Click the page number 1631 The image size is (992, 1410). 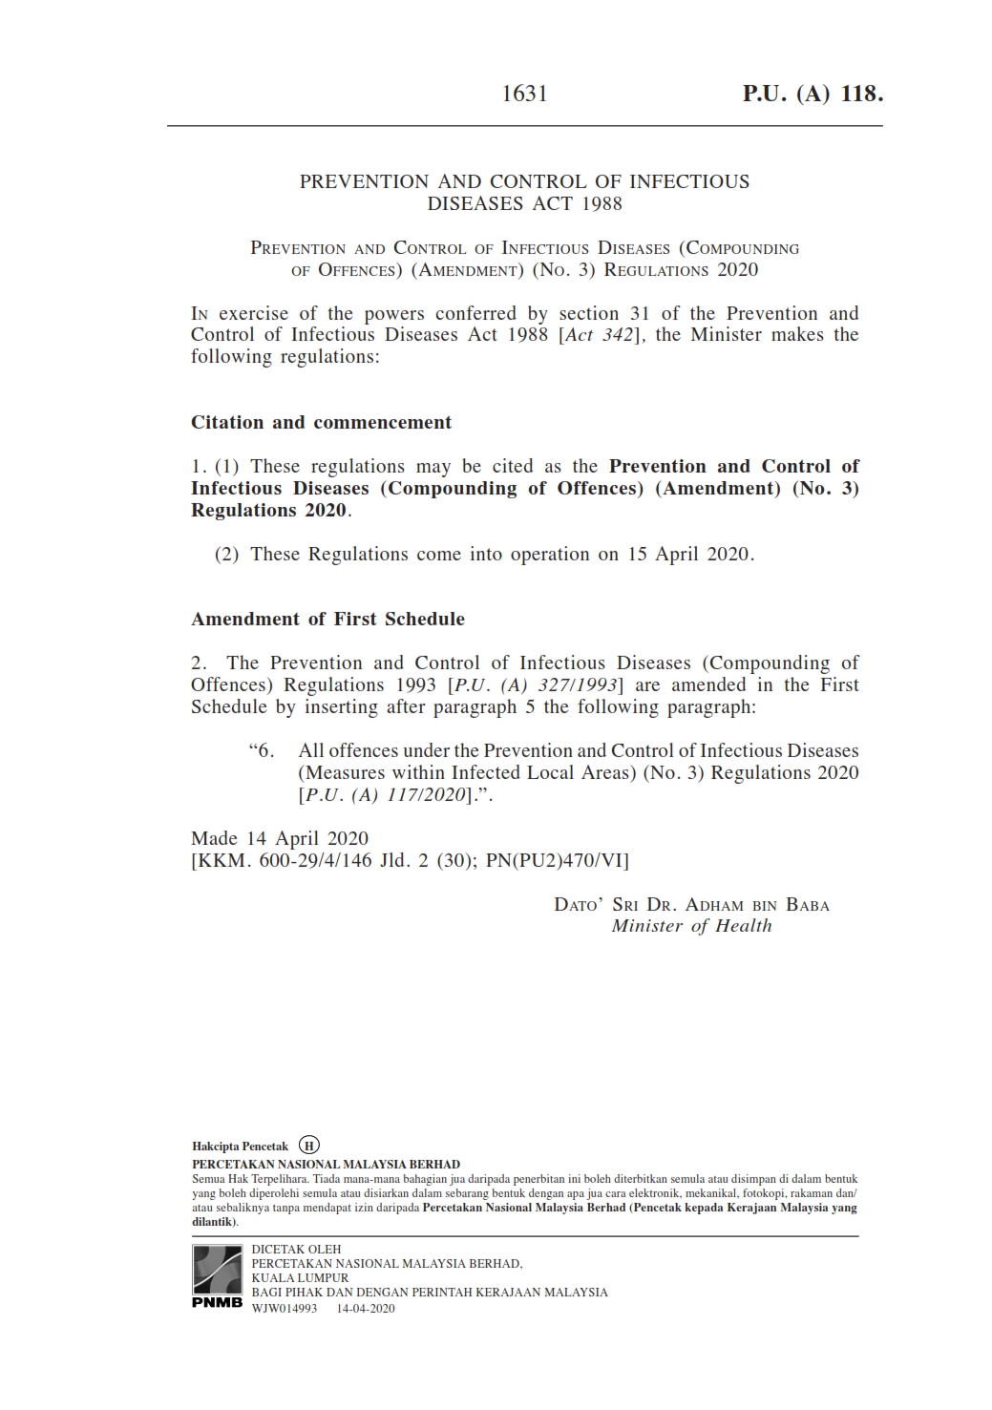(524, 94)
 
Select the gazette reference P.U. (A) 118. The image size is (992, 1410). (813, 94)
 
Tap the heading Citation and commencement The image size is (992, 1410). (321, 422)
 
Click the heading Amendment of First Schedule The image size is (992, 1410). (327, 619)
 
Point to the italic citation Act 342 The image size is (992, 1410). (599, 335)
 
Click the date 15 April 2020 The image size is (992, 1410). (688, 555)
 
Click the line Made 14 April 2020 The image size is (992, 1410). (280, 838)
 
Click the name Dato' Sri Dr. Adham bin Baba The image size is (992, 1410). (691, 905)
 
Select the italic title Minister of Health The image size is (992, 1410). (691, 926)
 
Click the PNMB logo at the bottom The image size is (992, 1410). (218, 1276)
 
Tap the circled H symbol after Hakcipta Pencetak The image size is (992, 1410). (309, 1146)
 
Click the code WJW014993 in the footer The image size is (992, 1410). (284, 1309)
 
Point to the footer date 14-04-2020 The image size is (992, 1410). (366, 1309)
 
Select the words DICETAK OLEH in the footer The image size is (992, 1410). (296, 1250)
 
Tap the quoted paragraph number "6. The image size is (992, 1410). (262, 751)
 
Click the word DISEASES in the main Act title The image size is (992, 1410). (473, 203)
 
